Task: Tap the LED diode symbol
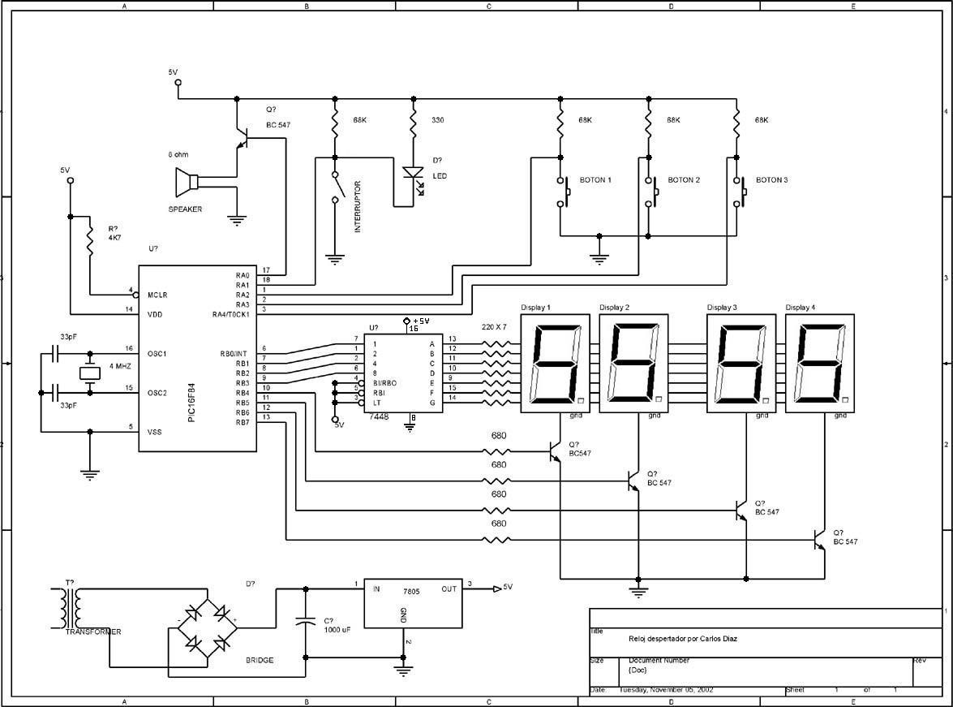(414, 173)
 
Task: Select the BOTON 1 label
(595, 180)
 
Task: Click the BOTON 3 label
(771, 180)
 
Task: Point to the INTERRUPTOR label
(358, 207)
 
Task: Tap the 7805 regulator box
(414, 604)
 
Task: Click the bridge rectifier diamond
(207, 627)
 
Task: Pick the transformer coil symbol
(71, 607)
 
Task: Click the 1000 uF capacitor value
(337, 629)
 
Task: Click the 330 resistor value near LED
(437, 120)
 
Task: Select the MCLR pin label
(157, 295)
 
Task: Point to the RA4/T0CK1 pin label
(230, 315)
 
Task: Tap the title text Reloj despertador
(683, 639)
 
